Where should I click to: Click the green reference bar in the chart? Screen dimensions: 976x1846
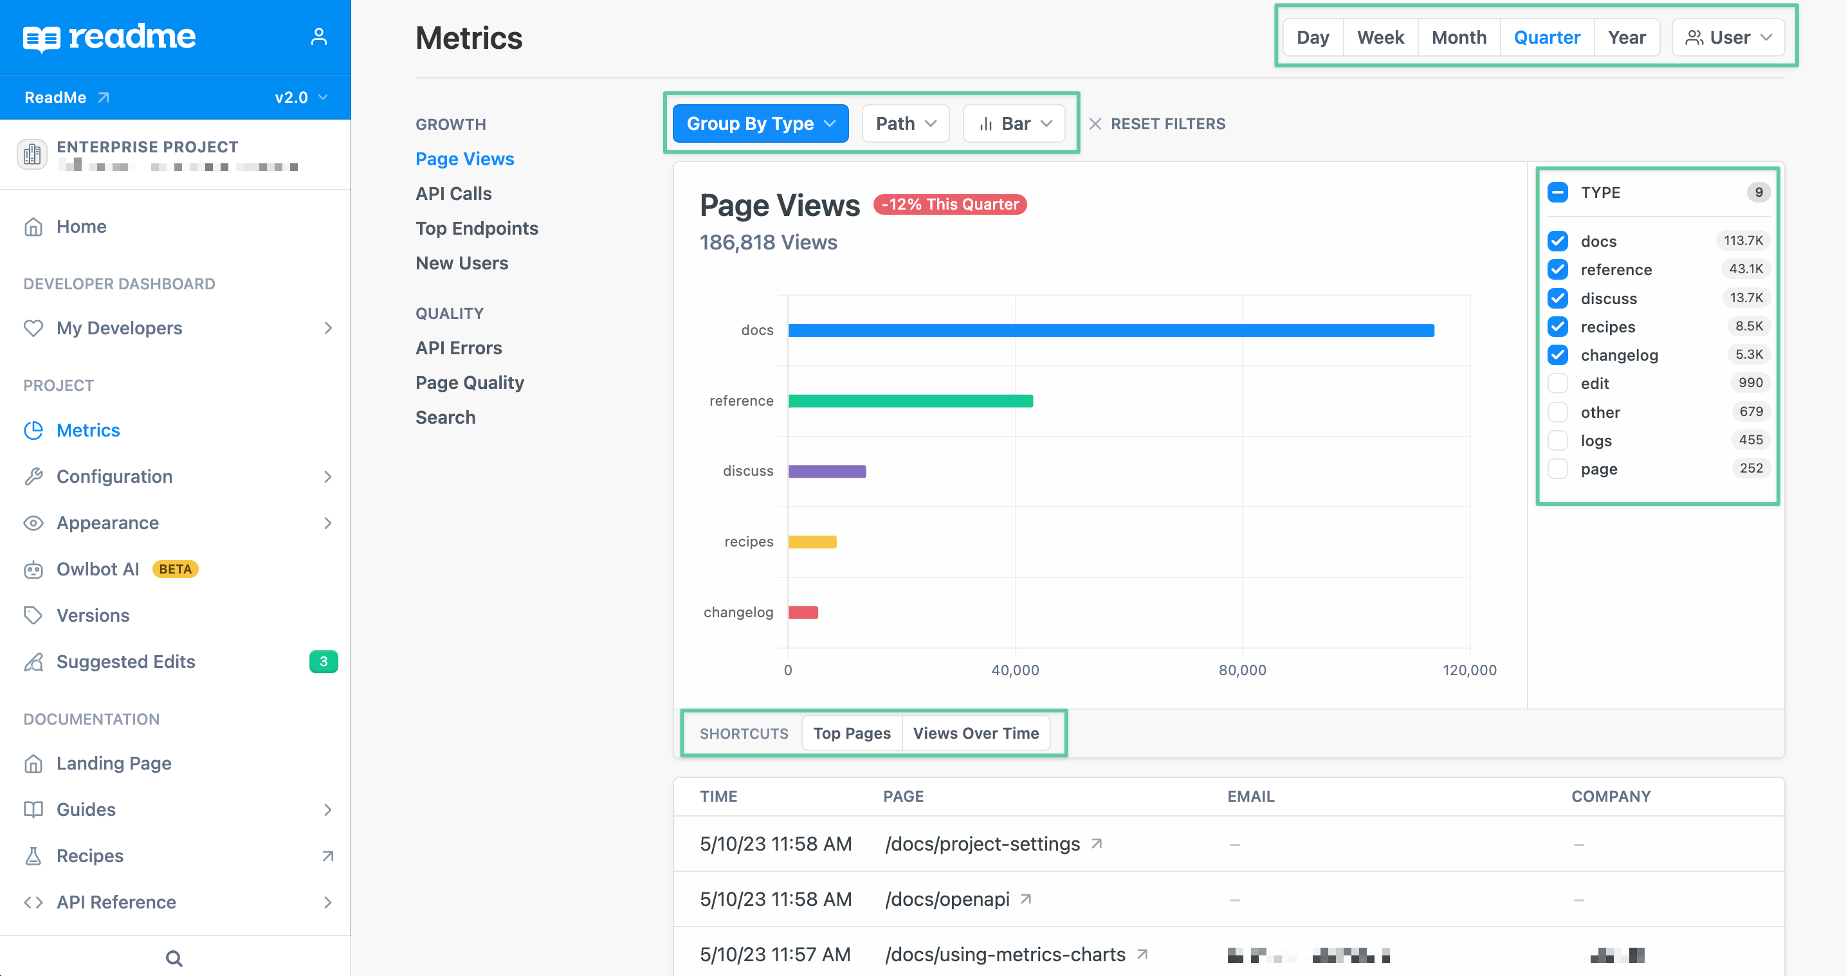[910, 401]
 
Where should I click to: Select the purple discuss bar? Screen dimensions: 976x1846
[827, 471]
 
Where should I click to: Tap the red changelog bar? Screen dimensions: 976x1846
[803, 613]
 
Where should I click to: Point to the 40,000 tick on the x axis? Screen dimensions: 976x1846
[1015, 670]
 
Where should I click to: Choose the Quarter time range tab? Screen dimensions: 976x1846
[1546, 37]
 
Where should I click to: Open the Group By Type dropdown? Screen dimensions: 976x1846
[760, 123]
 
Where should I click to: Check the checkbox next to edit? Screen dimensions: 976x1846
[1558, 383]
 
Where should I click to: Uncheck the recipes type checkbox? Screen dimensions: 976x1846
[1558, 327]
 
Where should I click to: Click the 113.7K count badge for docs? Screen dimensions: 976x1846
[1743, 240]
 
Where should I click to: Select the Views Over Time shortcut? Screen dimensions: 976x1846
[975, 733]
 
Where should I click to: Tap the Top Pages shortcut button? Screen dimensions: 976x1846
[852, 733]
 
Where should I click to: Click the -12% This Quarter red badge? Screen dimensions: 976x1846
[949, 204]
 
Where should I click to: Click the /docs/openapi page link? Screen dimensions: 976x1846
[947, 899]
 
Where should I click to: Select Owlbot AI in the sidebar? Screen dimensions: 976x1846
[98, 569]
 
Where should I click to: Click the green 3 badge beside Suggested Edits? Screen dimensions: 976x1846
[323, 662]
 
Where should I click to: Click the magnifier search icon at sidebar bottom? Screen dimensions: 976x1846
[174, 958]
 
